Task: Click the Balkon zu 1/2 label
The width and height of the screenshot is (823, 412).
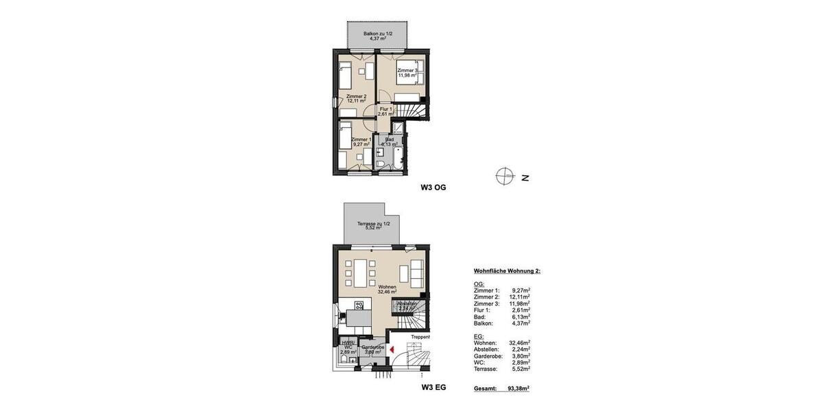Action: (x=378, y=35)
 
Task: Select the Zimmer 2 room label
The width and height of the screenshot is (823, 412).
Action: (x=356, y=98)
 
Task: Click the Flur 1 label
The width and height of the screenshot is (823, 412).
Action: (x=385, y=111)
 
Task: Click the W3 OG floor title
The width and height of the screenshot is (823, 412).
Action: (x=433, y=187)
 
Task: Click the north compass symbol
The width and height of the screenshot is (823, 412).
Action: (x=505, y=177)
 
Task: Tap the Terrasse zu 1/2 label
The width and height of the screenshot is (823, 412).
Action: (x=373, y=225)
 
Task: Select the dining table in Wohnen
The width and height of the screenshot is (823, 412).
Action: (x=359, y=273)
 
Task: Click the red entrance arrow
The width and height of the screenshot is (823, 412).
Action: (x=391, y=350)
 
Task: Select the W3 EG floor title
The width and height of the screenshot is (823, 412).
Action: (x=433, y=387)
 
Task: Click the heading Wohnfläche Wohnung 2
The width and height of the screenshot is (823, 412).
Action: (x=507, y=271)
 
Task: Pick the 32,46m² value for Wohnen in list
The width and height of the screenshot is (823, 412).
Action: (x=519, y=343)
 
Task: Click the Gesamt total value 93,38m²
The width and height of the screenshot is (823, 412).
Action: (x=518, y=388)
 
